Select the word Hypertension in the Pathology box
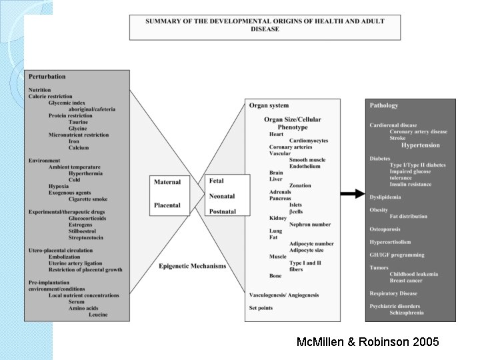pyautogui.click(x=421, y=145)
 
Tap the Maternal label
pyautogui.click(x=167, y=182)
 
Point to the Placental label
pyautogui.click(x=167, y=205)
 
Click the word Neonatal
pyautogui.click(x=222, y=196)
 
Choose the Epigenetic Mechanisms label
pyautogui.click(x=192, y=267)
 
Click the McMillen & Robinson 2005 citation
pyautogui.click(x=368, y=342)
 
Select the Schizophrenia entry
pyautogui.click(x=407, y=313)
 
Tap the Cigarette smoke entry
pyautogui.click(x=87, y=199)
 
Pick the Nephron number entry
pyautogui.click(x=310, y=225)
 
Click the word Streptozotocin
pyautogui.click(x=85, y=237)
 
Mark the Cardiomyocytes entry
pyautogui.click(x=309, y=141)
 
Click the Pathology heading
pyautogui.click(x=384, y=105)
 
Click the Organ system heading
pyautogui.click(x=269, y=105)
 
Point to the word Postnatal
pyautogui.click(x=222, y=211)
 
